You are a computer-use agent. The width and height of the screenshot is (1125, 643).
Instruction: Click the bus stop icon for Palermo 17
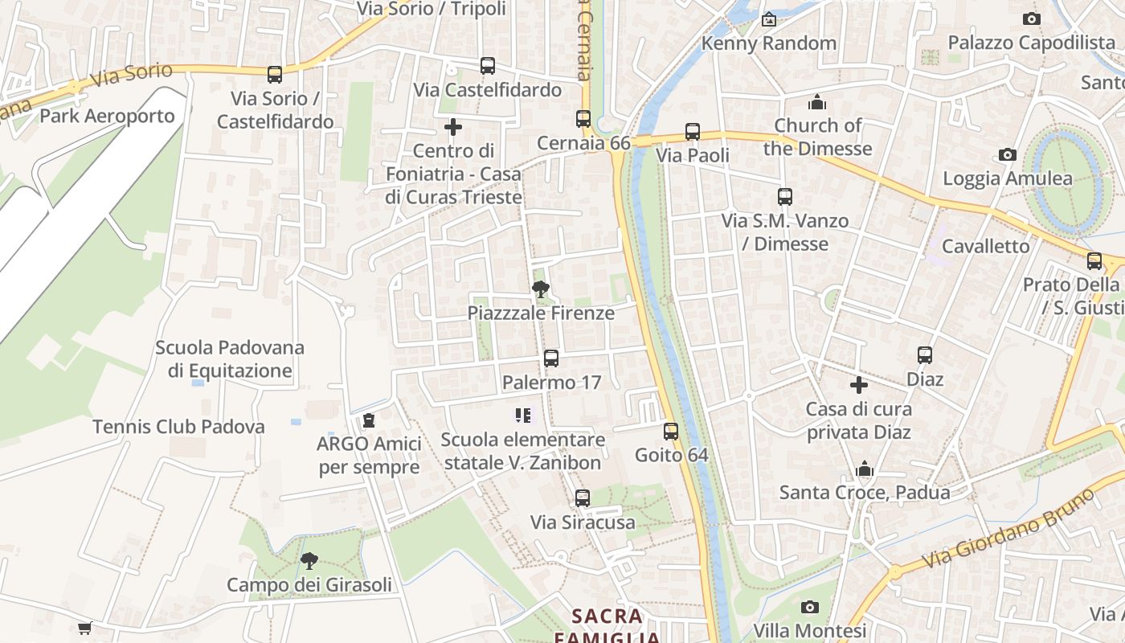[551, 358]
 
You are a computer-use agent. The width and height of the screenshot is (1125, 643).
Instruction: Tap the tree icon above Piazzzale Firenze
[541, 289]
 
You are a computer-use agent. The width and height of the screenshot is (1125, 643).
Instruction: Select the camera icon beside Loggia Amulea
[1007, 154]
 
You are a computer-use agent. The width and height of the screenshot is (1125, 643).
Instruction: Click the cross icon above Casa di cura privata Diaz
[859, 385]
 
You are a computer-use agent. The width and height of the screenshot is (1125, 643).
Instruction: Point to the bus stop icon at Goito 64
[671, 432]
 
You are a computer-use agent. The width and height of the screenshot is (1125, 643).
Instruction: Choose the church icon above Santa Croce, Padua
[865, 469]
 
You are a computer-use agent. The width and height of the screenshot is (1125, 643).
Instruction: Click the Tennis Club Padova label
[178, 427]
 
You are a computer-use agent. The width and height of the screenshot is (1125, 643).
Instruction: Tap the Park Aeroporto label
[107, 116]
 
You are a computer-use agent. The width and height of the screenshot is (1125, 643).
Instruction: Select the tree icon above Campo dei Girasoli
[309, 561]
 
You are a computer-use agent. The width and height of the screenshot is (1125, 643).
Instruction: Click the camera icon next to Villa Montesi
[810, 607]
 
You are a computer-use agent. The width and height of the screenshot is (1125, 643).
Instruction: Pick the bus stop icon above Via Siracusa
[583, 498]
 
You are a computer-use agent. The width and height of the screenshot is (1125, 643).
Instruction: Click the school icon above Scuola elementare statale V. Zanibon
[523, 416]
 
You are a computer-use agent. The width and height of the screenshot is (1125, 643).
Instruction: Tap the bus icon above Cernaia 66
[583, 119]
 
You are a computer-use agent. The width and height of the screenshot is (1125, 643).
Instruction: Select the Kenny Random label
[769, 43]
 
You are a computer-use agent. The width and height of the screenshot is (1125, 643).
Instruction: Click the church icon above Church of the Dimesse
[817, 102]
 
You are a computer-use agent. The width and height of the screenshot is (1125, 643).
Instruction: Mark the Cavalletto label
[985, 246]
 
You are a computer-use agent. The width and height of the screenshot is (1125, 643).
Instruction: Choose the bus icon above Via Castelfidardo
[488, 66]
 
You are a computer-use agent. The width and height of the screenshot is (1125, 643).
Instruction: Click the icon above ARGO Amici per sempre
[369, 420]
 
